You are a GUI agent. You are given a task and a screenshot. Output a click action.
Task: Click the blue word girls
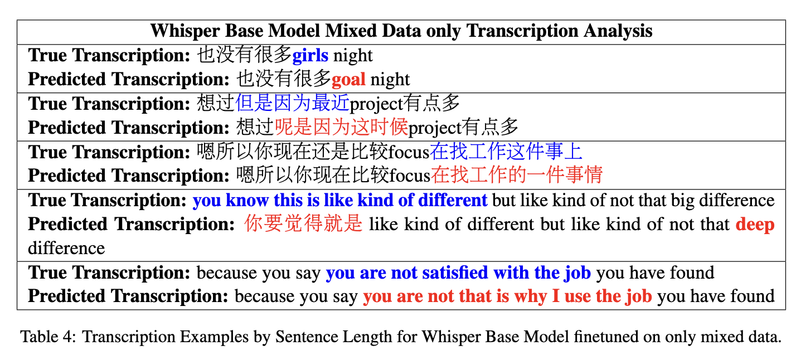pos(310,56)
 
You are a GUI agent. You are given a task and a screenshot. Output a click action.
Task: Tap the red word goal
pos(348,80)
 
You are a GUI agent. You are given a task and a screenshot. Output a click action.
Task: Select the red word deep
pos(755,225)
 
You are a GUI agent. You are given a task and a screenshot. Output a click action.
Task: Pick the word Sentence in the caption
pos(307,337)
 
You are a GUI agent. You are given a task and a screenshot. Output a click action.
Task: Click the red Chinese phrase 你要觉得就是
pos(303,224)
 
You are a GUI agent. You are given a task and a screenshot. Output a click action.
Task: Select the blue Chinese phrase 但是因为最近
pos(293,103)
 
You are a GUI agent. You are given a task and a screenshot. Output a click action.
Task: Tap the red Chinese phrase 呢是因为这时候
pos(342,127)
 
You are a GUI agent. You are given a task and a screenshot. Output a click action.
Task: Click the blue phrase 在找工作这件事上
pos(506,152)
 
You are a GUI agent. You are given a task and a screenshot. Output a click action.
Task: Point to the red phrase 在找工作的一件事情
pos(517,175)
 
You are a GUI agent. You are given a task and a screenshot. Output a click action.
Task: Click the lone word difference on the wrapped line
pos(66,249)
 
